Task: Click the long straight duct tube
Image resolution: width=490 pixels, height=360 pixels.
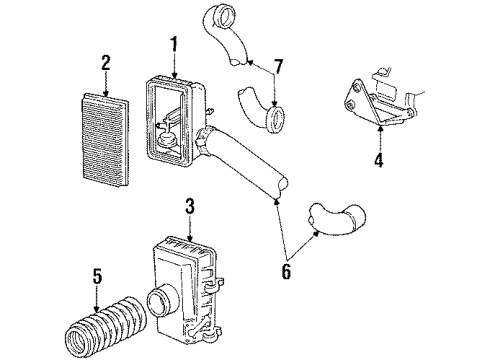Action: [x=250, y=164]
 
